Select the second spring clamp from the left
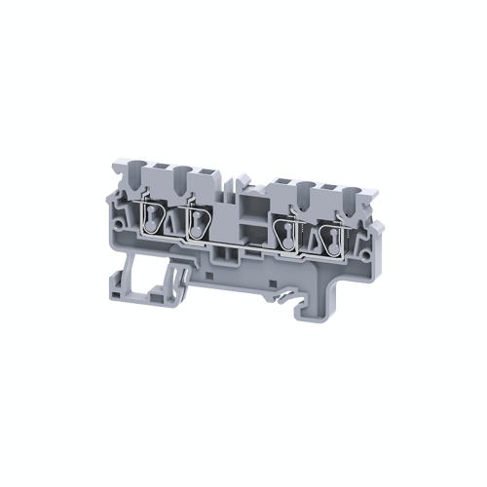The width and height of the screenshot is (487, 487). tap(199, 223)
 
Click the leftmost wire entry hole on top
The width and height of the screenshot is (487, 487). tap(136, 178)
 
